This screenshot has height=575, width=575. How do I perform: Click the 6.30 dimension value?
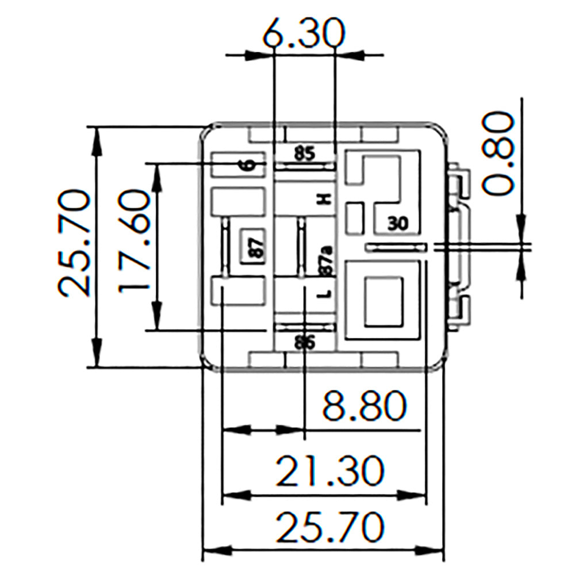pyautogui.click(x=304, y=34)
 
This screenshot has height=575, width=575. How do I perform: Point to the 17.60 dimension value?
pyautogui.click(x=134, y=242)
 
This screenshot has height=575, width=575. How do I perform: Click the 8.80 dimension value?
pyautogui.click(x=362, y=407)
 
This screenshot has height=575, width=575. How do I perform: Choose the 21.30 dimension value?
pyautogui.click(x=329, y=471)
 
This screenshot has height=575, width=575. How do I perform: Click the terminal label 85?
pyautogui.click(x=305, y=154)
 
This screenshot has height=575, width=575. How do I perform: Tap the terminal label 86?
pyautogui.click(x=304, y=343)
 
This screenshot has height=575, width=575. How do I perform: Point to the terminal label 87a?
pyautogui.click(x=325, y=260)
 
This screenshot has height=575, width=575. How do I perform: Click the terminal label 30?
pyautogui.click(x=397, y=223)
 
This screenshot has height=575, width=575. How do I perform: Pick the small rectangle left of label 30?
pyautogui.click(x=355, y=218)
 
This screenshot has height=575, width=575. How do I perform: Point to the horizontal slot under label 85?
pyautogui.click(x=304, y=166)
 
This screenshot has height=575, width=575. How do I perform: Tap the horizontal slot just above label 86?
pyautogui.click(x=304, y=327)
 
